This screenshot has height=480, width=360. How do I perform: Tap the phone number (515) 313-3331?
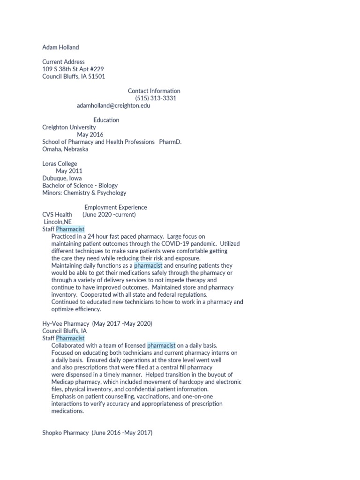point(156,98)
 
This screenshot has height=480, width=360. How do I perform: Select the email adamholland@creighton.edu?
point(113,105)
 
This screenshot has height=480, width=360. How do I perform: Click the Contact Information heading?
point(154,91)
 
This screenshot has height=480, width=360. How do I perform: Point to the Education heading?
point(106,120)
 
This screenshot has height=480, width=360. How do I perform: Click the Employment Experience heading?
point(115,207)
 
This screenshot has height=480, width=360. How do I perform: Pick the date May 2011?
point(69,171)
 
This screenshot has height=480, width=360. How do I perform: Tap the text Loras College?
point(60,164)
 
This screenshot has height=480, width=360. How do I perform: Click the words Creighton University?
point(69,127)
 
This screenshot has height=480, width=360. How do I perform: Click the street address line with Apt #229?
point(73,69)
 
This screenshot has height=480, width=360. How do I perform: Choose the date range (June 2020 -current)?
point(109,215)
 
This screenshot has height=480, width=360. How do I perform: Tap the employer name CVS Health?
point(57,215)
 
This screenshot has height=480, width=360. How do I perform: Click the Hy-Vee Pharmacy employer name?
point(66,323)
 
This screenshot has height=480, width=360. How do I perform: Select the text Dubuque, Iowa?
point(62,178)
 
